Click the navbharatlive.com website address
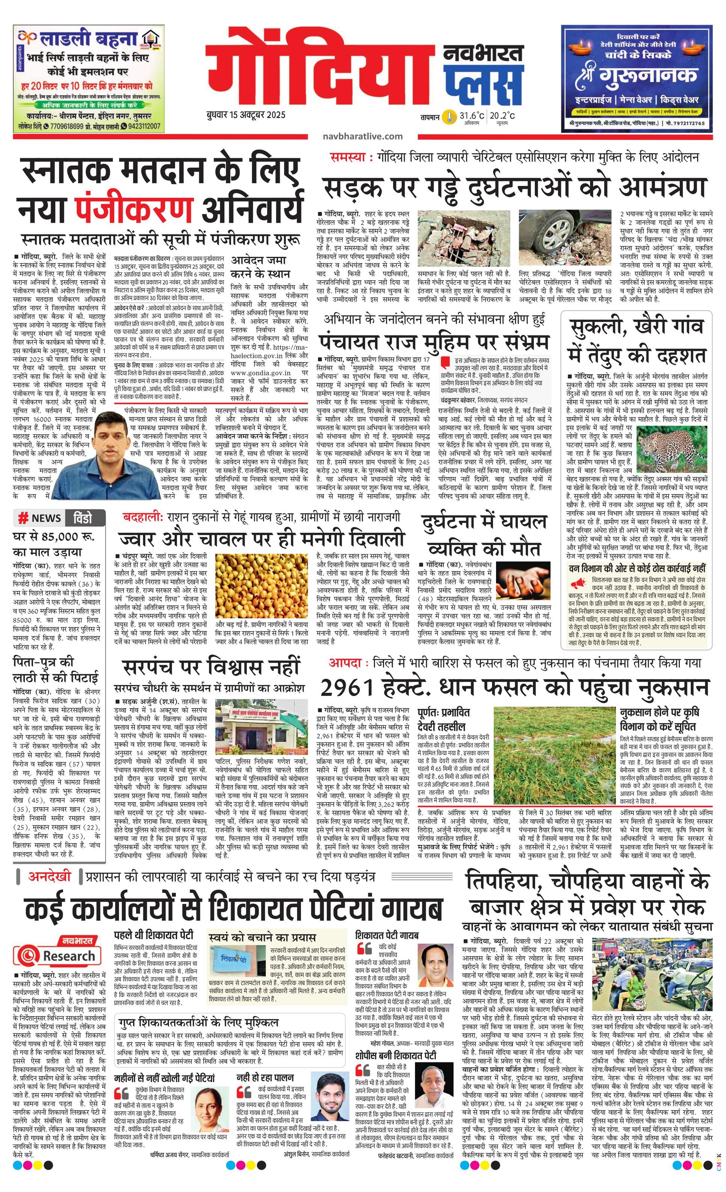tap(363, 136)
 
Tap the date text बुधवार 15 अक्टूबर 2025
tap(245, 115)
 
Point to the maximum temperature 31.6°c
tap(472, 116)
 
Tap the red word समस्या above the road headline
tap(346, 157)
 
